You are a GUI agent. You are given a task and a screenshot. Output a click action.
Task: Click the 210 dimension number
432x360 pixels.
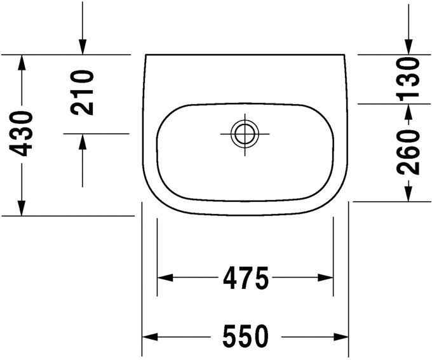pyautogui.click(x=83, y=92)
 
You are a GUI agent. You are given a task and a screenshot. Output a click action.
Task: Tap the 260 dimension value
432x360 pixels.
pyautogui.click(x=409, y=152)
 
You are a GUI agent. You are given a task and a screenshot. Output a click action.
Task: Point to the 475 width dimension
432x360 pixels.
pyautogui.click(x=245, y=277)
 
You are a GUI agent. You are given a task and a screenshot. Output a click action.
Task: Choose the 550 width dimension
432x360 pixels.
pyautogui.click(x=245, y=336)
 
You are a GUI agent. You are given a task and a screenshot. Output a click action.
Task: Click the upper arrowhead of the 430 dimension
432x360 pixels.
pyautogui.click(x=22, y=62)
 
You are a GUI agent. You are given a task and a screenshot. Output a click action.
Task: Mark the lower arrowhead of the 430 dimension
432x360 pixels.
pyautogui.click(x=22, y=208)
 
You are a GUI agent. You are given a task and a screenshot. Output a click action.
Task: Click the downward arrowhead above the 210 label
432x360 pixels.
pyautogui.click(x=83, y=47)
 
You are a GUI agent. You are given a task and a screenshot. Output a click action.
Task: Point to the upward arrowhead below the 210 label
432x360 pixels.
pyautogui.click(x=83, y=142)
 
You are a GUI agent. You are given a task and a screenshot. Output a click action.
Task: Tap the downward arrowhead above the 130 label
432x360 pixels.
pyautogui.click(x=408, y=47)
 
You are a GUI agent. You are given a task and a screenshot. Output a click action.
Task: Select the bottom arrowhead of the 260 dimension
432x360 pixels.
pyautogui.click(x=408, y=193)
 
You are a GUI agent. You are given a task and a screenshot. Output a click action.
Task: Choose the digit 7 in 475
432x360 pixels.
pyautogui.click(x=245, y=277)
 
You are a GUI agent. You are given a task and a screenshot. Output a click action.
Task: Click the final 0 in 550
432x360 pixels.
pyautogui.click(x=260, y=336)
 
